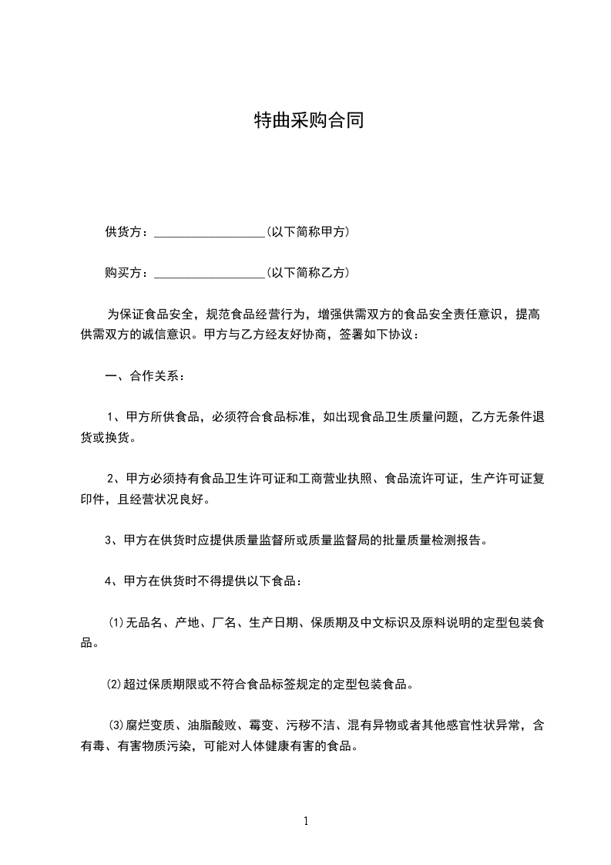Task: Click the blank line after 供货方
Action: pos(210,232)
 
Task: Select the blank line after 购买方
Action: pos(210,273)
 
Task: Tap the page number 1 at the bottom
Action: pos(307,822)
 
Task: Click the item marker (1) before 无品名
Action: pos(116,622)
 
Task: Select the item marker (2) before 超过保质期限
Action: pos(114,683)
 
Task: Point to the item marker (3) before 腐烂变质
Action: pos(116,725)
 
